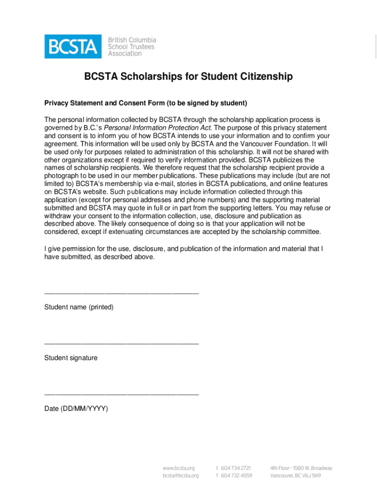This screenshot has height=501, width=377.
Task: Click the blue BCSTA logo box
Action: pos(73,46)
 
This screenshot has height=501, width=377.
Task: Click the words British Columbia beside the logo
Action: pos(132,40)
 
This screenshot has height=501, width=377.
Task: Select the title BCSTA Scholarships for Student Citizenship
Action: pos(188,77)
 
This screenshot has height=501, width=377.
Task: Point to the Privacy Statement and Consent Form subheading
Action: pos(146,103)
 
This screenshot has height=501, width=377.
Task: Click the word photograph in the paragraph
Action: pos(62,176)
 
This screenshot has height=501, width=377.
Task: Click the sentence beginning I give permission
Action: pos(183,249)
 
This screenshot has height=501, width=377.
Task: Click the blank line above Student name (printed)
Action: pos(121,293)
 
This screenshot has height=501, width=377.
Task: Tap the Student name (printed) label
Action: pos(79,307)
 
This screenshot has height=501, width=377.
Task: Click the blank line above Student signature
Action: pos(121,344)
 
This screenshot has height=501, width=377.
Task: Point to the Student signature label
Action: pos(71,358)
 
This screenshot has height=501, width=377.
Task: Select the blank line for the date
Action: pos(121,394)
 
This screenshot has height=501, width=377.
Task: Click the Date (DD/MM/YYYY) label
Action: pos(76,409)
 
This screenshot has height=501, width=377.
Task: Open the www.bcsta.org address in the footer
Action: pos(179,468)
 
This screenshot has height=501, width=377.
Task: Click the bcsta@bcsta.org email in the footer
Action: pos(181,476)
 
